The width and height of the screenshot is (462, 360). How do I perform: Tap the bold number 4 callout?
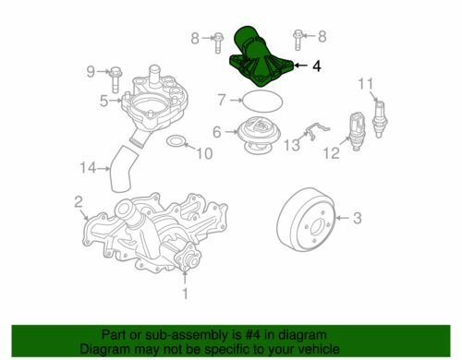(317, 66)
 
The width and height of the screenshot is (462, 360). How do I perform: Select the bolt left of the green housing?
(218, 42)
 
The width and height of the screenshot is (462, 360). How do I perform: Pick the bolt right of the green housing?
(298, 40)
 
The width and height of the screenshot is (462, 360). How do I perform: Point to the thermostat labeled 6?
(258, 136)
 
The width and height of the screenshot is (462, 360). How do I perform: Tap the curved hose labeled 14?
(122, 169)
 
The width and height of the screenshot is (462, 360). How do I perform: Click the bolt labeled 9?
(115, 79)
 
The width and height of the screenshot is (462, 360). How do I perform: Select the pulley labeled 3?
(307, 220)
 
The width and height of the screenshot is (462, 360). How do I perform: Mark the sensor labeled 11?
(380, 118)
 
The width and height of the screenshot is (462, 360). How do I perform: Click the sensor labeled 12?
(357, 131)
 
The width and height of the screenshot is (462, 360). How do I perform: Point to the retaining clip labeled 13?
(314, 131)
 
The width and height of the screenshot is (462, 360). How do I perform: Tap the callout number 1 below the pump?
(185, 294)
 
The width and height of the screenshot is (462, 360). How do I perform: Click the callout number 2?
(79, 201)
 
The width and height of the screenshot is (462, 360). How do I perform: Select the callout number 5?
(104, 101)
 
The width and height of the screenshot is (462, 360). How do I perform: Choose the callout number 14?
(88, 168)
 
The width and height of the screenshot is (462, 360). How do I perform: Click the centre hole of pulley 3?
(317, 228)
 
